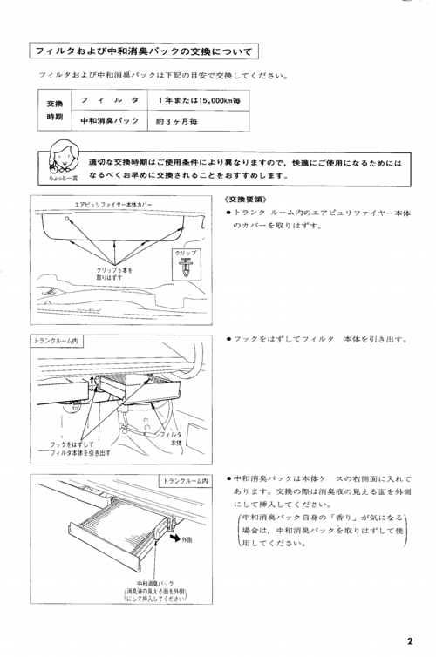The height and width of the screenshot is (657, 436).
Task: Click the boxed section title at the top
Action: coord(144,51)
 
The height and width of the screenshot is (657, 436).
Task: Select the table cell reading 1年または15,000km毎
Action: coord(199,100)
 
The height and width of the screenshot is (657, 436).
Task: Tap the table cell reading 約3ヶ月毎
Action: coord(199,121)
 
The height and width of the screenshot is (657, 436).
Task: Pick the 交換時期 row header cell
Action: coord(55,110)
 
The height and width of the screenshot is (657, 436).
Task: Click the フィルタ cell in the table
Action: coord(110,100)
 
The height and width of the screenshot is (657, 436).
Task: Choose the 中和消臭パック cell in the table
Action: coord(110,121)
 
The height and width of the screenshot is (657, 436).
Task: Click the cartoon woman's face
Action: coord(63,154)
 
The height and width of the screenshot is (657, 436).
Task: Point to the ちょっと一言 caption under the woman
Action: coord(64,178)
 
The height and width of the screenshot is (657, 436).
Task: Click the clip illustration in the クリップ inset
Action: coord(185,267)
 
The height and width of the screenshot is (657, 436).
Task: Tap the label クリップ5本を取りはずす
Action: coord(114,274)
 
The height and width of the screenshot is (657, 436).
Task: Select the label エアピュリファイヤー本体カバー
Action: coord(113,205)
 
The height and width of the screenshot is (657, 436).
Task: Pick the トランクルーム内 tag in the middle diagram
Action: coord(56,341)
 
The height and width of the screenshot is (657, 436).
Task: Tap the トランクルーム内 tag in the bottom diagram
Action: coord(185,481)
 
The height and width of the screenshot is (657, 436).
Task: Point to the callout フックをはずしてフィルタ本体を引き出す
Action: coord(80,449)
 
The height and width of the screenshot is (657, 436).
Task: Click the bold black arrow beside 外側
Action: coord(174,537)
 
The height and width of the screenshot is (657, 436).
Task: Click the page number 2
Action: coord(410,640)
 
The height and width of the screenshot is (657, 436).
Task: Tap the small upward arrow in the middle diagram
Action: coord(93,380)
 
